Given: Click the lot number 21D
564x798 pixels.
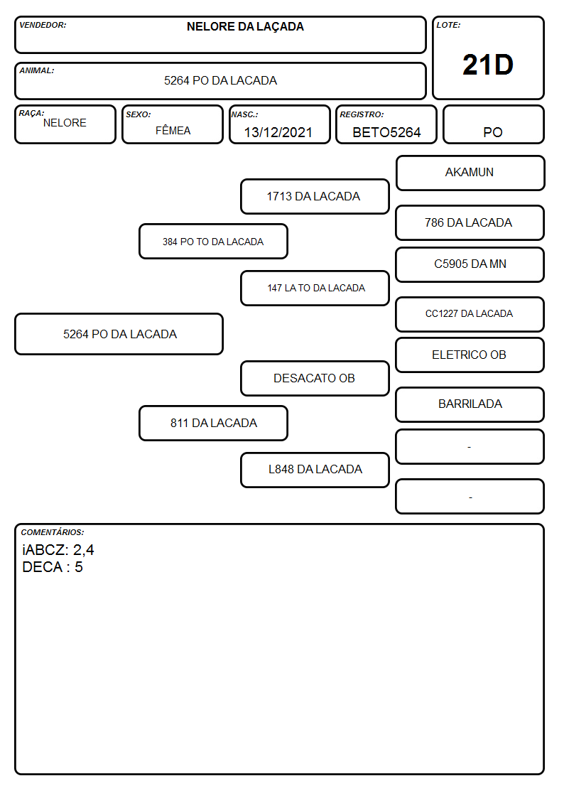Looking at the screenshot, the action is [x=488, y=65].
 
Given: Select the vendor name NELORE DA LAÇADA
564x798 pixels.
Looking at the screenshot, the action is [x=245, y=27].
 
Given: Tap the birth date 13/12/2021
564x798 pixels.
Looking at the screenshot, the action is [x=278, y=132].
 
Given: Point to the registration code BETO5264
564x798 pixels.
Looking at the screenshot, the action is [x=386, y=132].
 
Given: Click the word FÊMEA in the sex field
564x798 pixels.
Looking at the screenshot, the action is [x=173, y=130].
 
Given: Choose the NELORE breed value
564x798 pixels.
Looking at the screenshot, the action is [x=65, y=123].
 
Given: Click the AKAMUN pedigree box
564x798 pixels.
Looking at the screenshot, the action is [x=470, y=173].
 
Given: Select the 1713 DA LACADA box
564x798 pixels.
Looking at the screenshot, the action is [x=315, y=196].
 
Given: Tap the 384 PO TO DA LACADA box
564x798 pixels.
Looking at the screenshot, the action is [x=213, y=242].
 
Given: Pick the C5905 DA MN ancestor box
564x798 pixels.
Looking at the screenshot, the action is [x=470, y=264].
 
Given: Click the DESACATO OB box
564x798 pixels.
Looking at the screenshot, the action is [x=315, y=379].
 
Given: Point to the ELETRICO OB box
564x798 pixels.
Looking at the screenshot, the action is [x=470, y=355].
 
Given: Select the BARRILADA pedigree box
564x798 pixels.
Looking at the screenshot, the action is [x=470, y=404].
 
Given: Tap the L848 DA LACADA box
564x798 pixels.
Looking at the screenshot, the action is [x=315, y=470].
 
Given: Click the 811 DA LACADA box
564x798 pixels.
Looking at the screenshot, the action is [x=213, y=424].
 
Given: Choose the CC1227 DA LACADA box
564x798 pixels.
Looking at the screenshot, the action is [x=470, y=314].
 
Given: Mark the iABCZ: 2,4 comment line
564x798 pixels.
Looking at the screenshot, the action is [x=58, y=550].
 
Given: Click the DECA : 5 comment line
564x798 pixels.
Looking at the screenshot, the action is [x=53, y=568].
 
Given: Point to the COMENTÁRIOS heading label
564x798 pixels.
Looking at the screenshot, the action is [x=53, y=532].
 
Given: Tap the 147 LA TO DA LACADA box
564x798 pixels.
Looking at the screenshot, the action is [x=315, y=288].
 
